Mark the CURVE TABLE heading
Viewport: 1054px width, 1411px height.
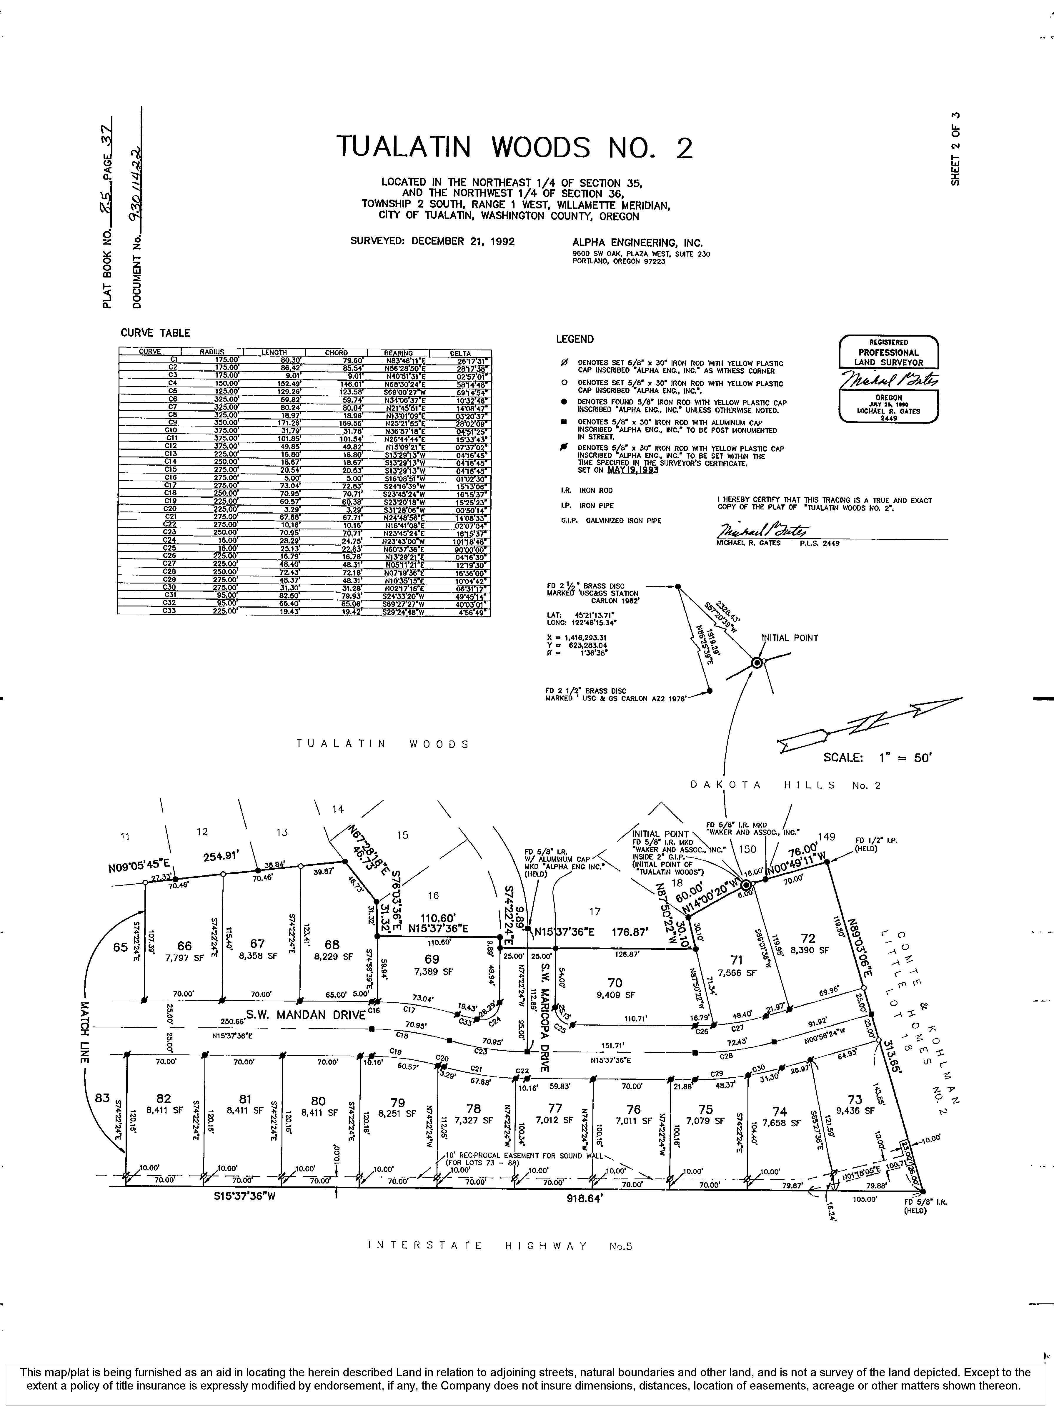155,333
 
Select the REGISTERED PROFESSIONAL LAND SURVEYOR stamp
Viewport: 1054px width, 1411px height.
888,379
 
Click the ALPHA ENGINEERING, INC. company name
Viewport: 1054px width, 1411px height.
637,243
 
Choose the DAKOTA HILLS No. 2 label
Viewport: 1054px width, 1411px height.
785,785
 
